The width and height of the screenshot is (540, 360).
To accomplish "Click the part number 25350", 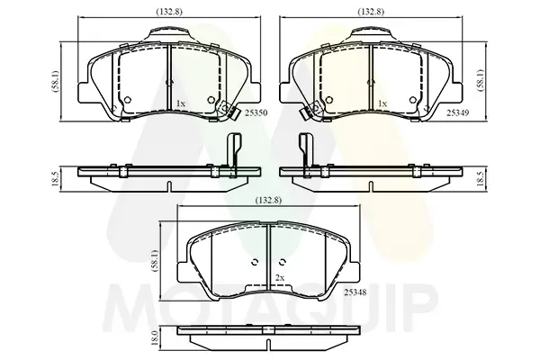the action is point(256,112).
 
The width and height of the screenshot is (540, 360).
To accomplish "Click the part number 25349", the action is point(458,112).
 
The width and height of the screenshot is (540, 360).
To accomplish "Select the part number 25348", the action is point(355,292).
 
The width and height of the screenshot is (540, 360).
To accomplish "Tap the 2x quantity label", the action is point(280,278).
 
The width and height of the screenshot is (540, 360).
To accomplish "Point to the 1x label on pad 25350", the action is point(181,103).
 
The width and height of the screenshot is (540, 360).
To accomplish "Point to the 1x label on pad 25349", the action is point(382,103).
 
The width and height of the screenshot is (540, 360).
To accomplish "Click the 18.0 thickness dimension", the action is point(155,338).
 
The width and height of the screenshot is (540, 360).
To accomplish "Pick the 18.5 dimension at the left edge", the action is point(54,179).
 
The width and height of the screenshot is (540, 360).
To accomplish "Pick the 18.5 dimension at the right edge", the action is point(482,179).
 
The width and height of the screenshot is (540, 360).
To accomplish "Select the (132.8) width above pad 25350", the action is point(169,12).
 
